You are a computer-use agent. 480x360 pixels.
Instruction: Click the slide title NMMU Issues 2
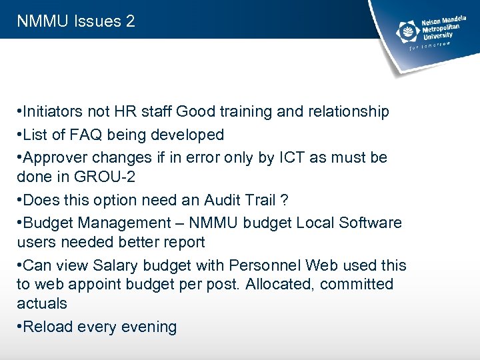76,21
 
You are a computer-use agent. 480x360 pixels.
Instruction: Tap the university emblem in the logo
407,31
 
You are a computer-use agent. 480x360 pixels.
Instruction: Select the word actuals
42,303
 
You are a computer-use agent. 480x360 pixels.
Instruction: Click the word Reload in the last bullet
48,327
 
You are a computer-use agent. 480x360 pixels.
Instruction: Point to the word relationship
348,112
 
